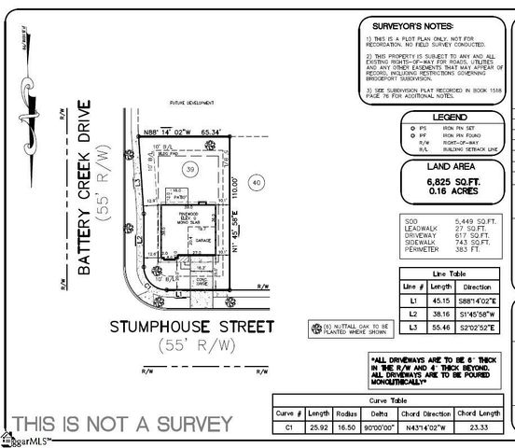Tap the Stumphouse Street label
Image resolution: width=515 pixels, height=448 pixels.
192,327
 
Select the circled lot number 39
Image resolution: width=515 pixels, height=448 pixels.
189,171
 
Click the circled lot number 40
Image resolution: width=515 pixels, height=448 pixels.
257,183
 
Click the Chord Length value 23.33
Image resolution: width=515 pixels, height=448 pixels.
479,427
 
